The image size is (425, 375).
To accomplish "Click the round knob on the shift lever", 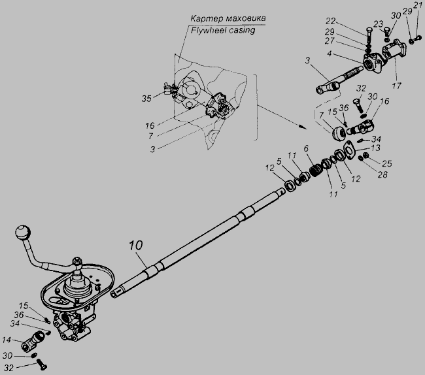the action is click(x=23, y=233).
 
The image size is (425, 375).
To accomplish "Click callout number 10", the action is click(x=136, y=245).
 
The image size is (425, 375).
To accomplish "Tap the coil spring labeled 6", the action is click(x=316, y=171).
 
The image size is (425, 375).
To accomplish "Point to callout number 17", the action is click(x=396, y=86).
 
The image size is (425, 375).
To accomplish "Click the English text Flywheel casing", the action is click(x=223, y=30).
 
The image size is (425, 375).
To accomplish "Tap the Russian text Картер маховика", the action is click(x=228, y=18).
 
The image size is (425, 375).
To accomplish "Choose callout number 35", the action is click(x=146, y=99).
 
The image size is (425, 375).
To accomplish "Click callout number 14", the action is click(x=7, y=340).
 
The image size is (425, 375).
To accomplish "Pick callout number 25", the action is click(x=387, y=163).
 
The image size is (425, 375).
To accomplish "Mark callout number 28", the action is click(x=382, y=174).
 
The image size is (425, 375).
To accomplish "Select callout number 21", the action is click(x=418, y=5).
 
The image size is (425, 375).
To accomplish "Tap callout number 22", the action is click(x=331, y=21).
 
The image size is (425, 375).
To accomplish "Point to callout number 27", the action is click(x=330, y=41).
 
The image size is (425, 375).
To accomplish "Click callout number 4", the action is click(x=329, y=54).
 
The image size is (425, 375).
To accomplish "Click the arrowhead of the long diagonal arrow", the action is click(x=304, y=127).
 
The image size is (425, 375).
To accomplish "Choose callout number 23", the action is click(x=378, y=24).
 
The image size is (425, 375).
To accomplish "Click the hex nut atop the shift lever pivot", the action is click(x=77, y=261).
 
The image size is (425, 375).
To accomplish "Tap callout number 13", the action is click(x=376, y=148).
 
